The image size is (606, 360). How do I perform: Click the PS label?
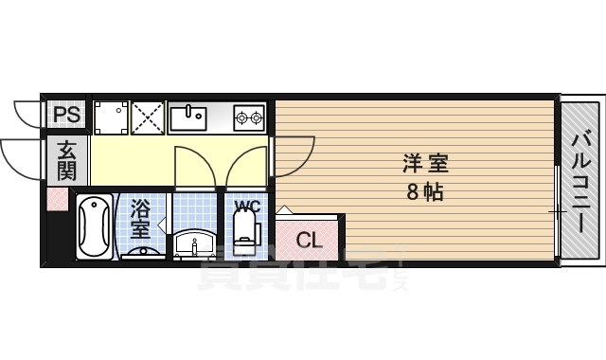pyautogui.click(x=65, y=116)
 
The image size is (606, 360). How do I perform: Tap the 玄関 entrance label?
pyautogui.click(x=65, y=160)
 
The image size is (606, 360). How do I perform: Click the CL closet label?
pyautogui.click(x=310, y=241)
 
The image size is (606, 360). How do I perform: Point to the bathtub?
pyautogui.click(x=94, y=227)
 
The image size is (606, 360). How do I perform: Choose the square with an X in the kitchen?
pyautogui.click(x=148, y=117)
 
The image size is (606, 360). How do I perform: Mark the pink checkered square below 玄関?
pyautogui.click(x=58, y=200)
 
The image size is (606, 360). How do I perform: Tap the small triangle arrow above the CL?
pyautogui.click(x=285, y=209)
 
